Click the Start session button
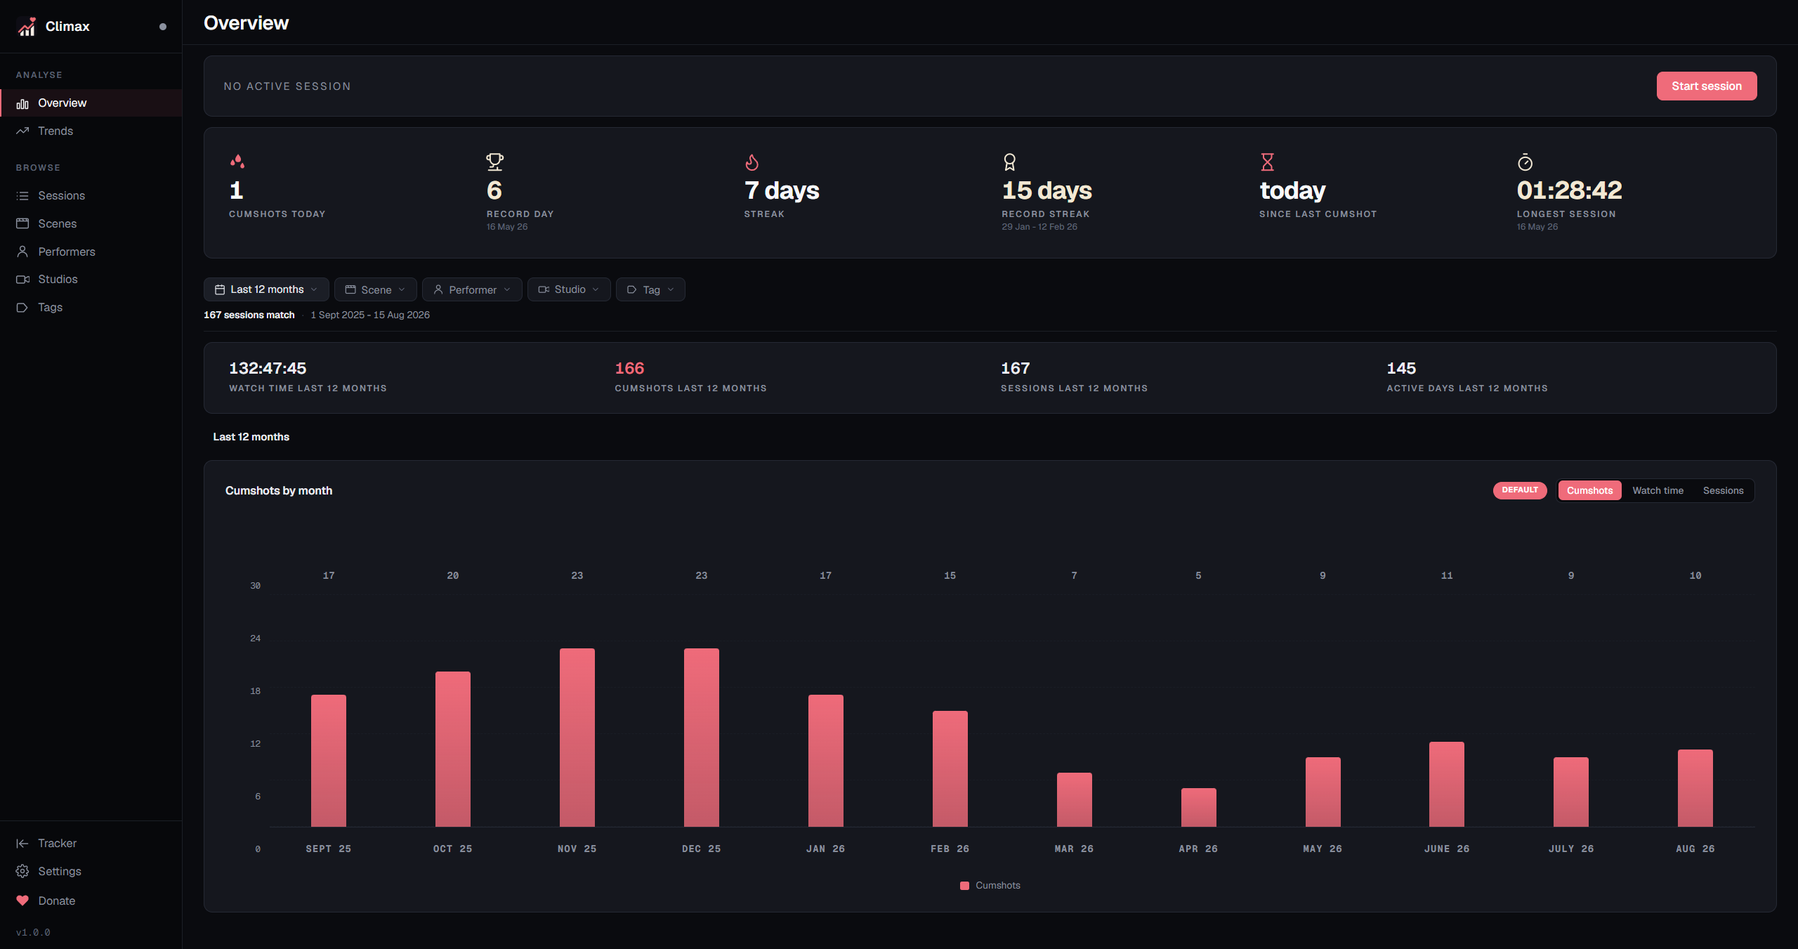tap(1706, 86)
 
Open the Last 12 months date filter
tap(266, 289)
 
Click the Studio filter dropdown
tap(569, 289)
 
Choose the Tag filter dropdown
tap(650, 289)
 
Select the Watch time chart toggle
tap(1658, 490)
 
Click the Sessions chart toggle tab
tap(1723, 490)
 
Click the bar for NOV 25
tap(577, 738)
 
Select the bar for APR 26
tap(1198, 808)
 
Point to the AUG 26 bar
tap(1695, 788)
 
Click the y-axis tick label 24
tap(256, 639)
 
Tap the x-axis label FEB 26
tap(950, 849)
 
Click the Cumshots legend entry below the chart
tap(990, 885)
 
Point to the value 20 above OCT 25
tap(453, 575)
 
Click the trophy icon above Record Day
tap(495, 162)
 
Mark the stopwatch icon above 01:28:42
tap(1525, 162)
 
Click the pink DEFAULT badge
tap(1520, 490)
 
